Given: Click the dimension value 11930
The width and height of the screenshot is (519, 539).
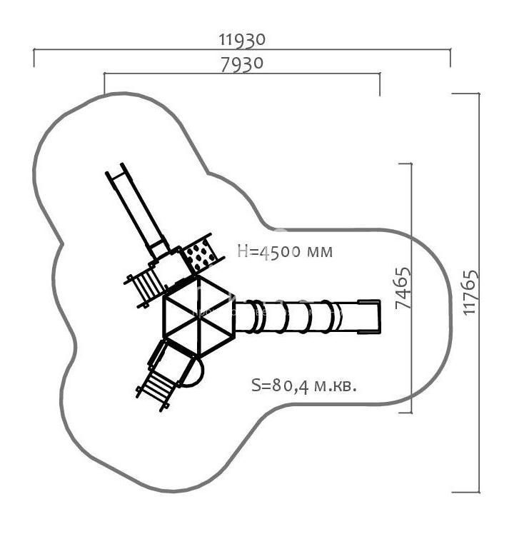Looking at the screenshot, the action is click(x=242, y=39).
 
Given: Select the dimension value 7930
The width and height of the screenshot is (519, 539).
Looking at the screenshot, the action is click(x=242, y=64).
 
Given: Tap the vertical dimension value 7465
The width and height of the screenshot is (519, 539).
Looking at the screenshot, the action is click(x=403, y=288).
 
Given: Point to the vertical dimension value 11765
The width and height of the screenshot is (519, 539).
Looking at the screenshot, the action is click(x=470, y=292).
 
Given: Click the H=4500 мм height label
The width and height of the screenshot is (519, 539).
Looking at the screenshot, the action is click(x=286, y=251).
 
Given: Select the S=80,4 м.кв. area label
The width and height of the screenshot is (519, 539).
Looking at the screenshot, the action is click(x=304, y=386).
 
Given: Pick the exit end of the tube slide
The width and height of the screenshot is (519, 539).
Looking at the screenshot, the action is click(x=370, y=316).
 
